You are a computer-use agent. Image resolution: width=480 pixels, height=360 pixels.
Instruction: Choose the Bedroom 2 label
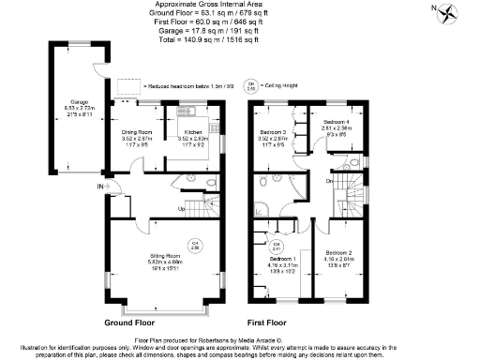338,253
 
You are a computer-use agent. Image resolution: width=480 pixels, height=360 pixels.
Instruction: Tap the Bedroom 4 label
337,123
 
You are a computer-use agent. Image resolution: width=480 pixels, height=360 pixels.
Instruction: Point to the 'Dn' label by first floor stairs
330,181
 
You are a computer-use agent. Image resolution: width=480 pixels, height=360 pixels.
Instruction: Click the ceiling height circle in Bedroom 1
277,247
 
